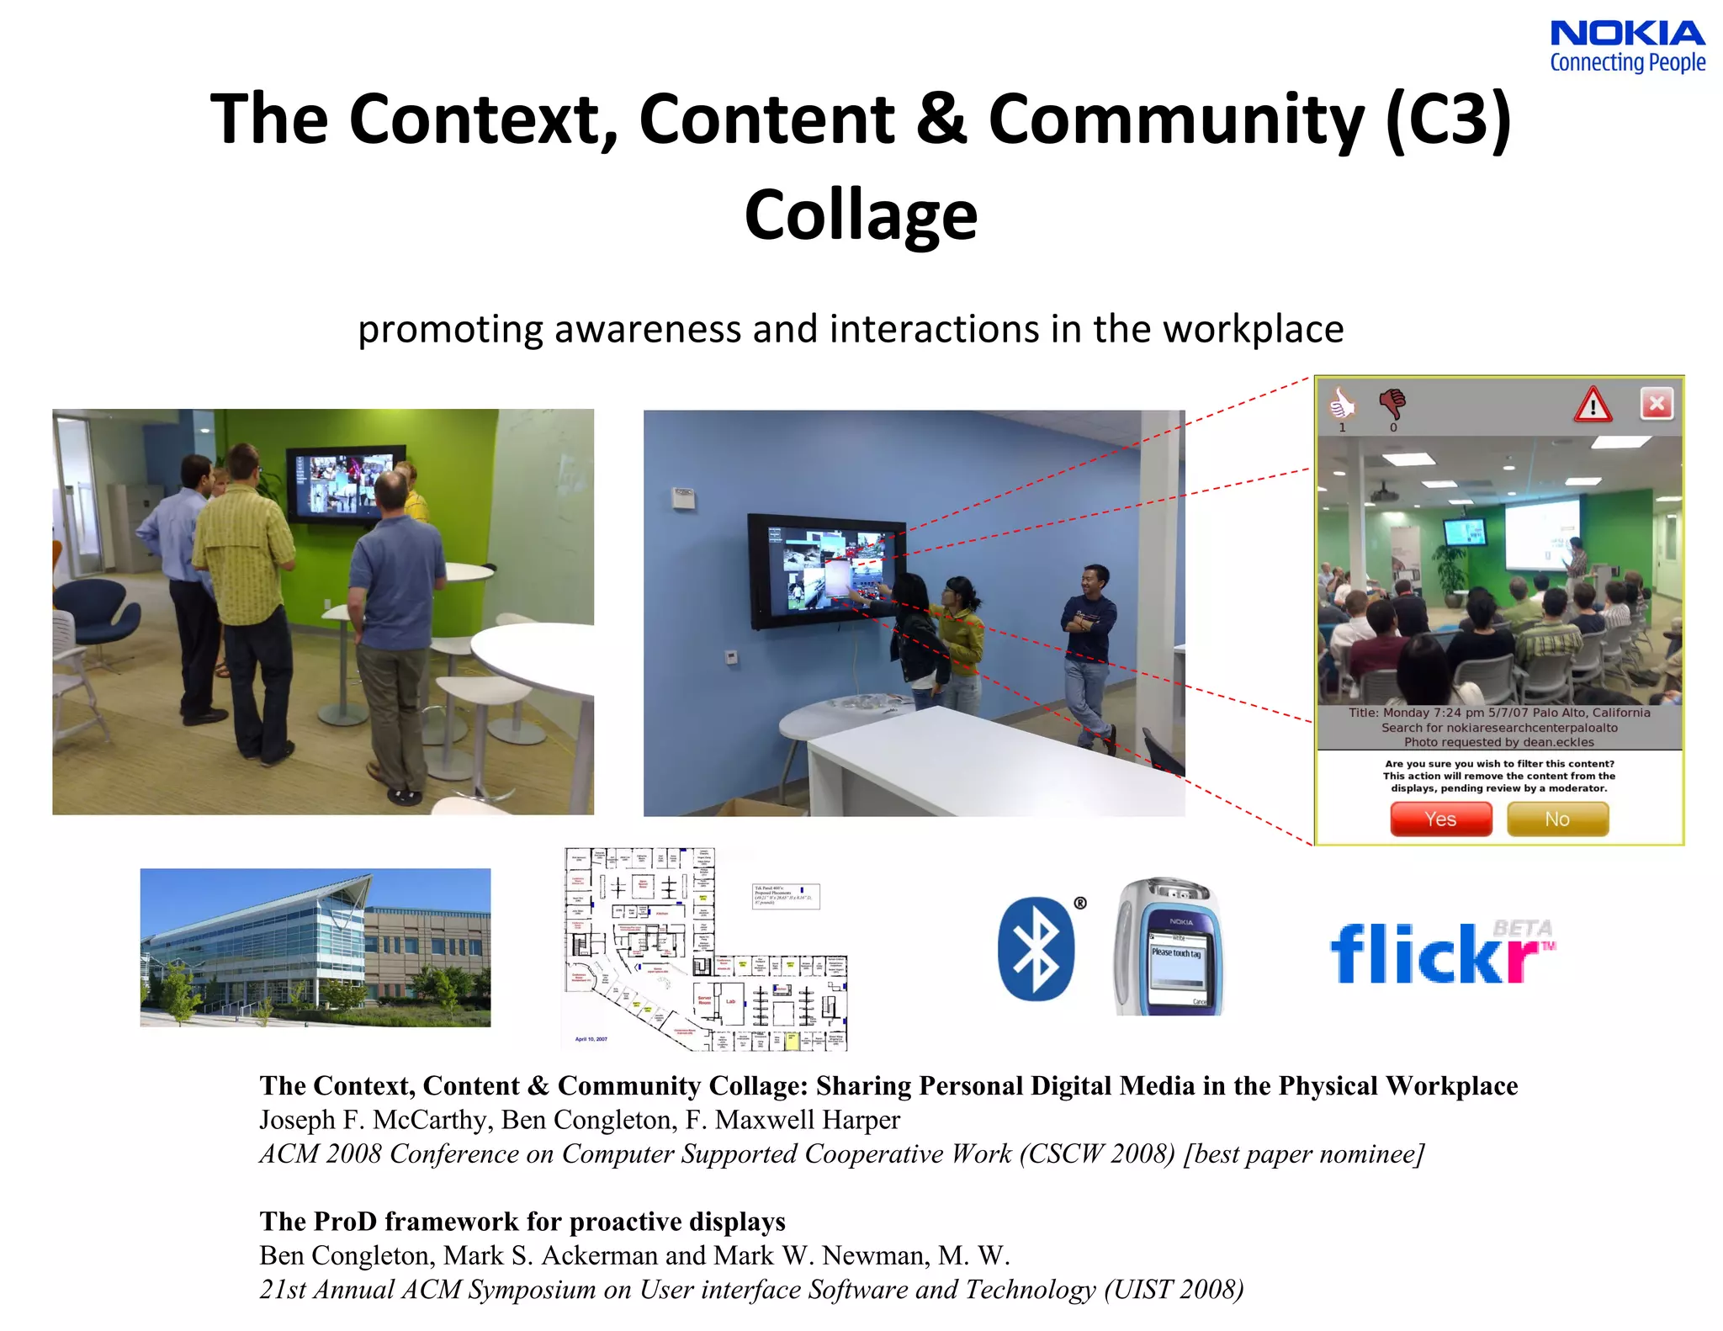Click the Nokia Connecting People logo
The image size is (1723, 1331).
1627,46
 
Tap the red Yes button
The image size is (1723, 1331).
1440,819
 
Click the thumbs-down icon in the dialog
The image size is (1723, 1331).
1392,404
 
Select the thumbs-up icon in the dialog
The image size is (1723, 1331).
1342,404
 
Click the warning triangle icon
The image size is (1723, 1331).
1593,405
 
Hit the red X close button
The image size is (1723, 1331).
1657,404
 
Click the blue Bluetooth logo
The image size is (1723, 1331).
1036,948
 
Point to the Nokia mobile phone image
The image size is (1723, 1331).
1169,947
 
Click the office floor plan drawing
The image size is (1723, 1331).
705,949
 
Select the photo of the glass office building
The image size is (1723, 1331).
315,947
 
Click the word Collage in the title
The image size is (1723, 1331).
861,215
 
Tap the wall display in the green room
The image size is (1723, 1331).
345,485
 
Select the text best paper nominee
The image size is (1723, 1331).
1303,1153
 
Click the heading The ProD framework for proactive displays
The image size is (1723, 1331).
522,1221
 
